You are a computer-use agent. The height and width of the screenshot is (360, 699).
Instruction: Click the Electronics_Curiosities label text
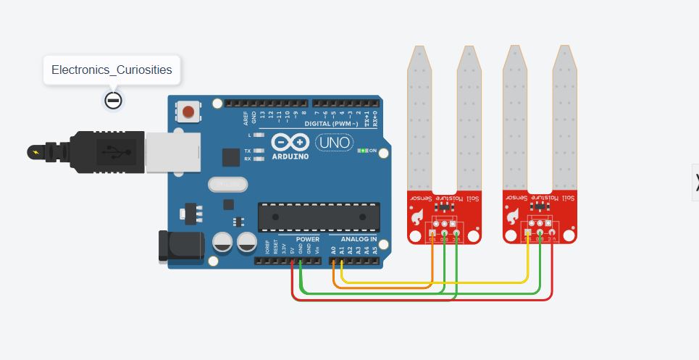tap(112, 70)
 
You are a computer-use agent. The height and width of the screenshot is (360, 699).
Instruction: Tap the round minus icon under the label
tap(112, 100)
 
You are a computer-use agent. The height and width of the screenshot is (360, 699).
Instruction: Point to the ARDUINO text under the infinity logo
tap(290, 156)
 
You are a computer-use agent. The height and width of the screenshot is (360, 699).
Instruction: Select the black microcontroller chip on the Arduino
tap(319, 217)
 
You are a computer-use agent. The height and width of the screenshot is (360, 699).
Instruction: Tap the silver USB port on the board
tap(167, 153)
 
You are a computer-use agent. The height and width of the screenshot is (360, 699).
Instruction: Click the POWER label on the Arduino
tap(308, 239)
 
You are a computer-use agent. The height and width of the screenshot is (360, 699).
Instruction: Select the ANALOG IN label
tap(353, 239)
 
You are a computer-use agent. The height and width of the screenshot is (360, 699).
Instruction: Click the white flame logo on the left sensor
tap(418, 216)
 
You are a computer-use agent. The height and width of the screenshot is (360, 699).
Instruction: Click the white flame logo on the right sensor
tap(516, 216)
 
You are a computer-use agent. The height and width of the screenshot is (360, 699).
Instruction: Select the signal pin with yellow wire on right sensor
tap(530, 233)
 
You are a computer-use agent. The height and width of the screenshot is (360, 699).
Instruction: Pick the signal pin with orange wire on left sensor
tap(433, 233)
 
